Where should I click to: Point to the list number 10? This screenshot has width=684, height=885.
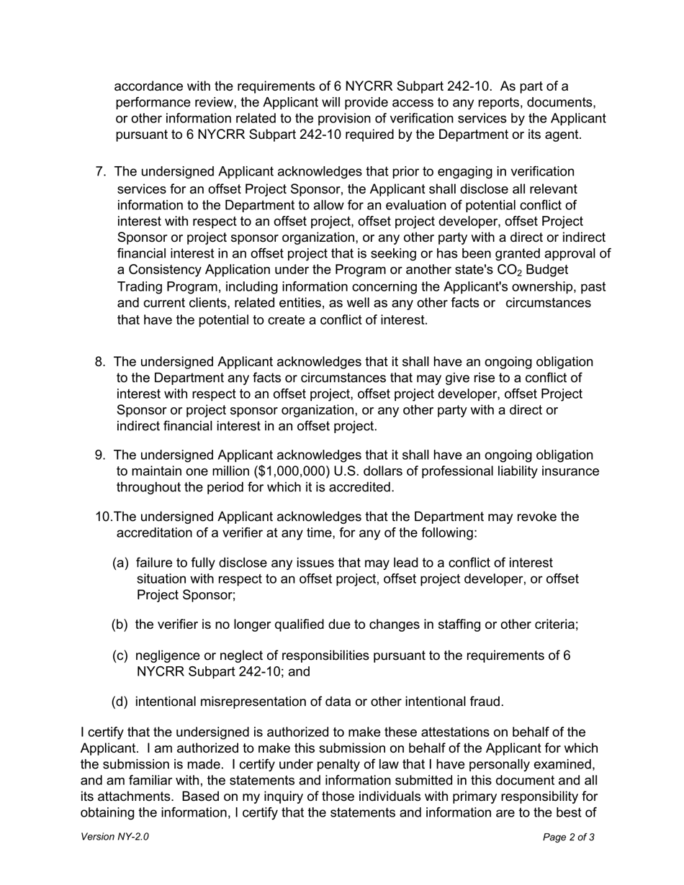[104, 517]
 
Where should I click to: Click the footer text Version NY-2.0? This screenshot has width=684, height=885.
[115, 838]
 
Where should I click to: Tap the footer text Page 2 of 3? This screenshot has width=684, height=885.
[569, 838]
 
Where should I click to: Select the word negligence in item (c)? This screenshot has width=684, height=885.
[168, 656]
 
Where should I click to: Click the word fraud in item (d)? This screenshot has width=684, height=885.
[486, 702]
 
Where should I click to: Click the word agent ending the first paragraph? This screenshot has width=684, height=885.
[562, 135]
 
